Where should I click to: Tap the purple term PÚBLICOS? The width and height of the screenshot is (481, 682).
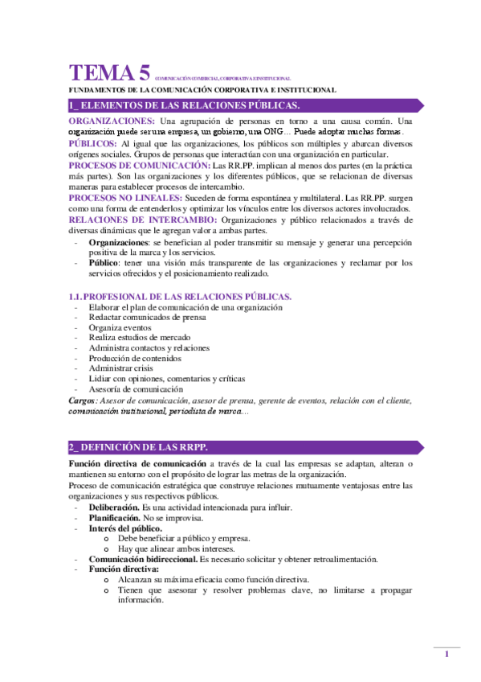[93, 142]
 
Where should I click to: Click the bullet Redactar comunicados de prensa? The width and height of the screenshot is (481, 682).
[147, 318]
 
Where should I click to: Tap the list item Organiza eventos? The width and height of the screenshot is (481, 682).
[122, 328]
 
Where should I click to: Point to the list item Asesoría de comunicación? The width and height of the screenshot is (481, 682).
[136, 389]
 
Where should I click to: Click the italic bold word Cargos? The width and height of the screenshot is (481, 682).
[83, 400]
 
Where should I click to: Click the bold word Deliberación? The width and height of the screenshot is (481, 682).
[113, 507]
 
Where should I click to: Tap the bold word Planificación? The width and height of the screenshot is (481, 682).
[114, 518]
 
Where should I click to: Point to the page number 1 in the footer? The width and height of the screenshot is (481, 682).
[446, 655]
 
